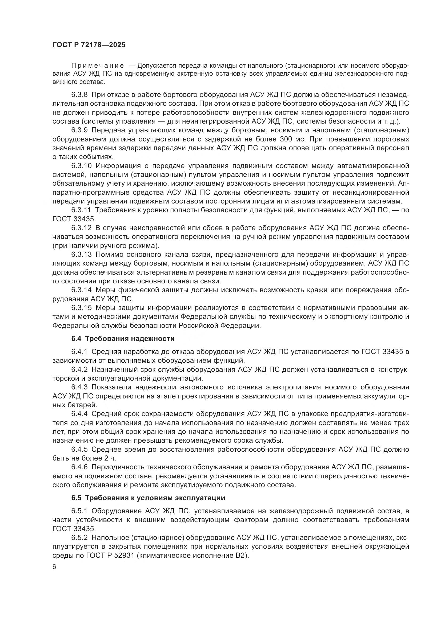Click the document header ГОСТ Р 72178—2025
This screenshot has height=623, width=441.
tap(89, 45)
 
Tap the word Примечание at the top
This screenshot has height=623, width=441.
tap(98, 66)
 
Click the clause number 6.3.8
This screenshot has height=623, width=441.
tap(79, 95)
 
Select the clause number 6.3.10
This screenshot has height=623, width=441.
tap(82, 166)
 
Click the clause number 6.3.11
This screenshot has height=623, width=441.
tap(82, 210)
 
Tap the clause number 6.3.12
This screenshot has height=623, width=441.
tap(82, 228)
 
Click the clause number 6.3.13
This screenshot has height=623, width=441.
tap(82, 254)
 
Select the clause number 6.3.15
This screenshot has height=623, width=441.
tap(82, 308)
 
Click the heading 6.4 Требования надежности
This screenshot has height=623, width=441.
tap(123, 339)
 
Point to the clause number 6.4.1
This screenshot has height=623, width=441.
tap(79, 352)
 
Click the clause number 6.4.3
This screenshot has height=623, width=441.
tap(79, 387)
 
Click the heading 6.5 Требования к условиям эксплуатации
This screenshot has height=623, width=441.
tap(148, 498)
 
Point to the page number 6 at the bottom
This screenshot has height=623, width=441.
tap(54, 567)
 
